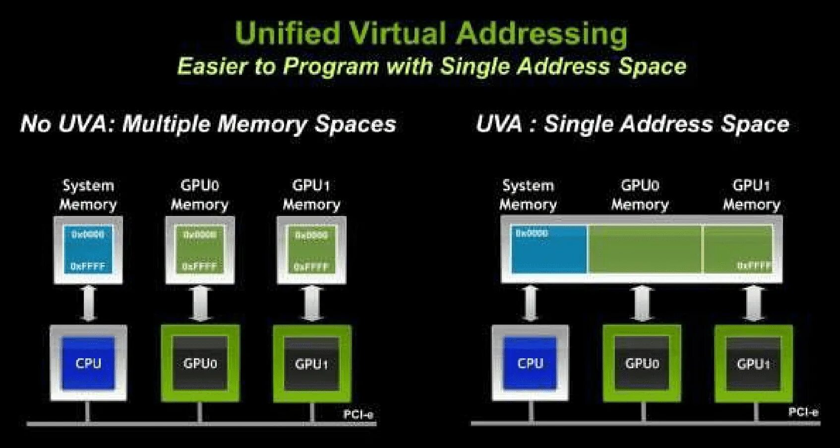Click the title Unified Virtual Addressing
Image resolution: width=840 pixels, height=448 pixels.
click(431, 34)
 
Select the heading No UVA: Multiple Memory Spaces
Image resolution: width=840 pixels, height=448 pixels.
click(208, 124)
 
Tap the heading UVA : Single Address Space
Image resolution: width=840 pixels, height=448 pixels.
click(632, 124)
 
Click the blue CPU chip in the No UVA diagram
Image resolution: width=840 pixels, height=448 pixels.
click(88, 363)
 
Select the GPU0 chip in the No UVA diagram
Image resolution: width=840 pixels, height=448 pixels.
click(200, 363)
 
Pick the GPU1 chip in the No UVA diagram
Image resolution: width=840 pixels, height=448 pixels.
click(312, 363)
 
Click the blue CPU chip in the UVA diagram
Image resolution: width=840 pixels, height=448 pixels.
click(530, 363)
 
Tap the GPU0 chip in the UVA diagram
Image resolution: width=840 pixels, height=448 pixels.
click(642, 363)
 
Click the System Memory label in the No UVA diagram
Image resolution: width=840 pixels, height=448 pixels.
click(88, 195)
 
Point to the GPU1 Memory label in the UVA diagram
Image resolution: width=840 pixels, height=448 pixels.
click(752, 195)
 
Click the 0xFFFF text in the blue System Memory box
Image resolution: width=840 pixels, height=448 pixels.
click(88, 266)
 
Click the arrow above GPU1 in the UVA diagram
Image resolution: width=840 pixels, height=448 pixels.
click(754, 304)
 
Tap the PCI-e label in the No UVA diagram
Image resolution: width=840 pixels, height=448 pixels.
click(358, 414)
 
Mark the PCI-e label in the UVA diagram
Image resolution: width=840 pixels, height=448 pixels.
click(803, 412)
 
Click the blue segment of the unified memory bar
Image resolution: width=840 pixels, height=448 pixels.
click(549, 250)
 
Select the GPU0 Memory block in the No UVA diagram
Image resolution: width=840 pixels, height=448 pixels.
click(200, 250)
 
